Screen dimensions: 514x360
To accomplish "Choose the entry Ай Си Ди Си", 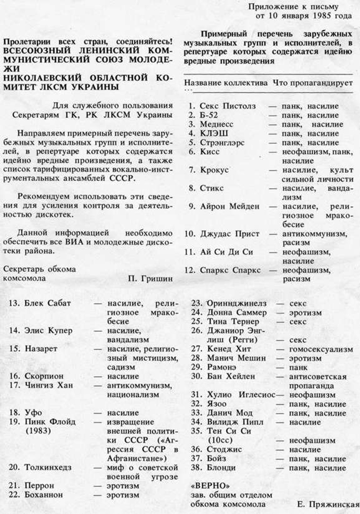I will [227, 252].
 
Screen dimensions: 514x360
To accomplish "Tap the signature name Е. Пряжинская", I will [328, 504].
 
